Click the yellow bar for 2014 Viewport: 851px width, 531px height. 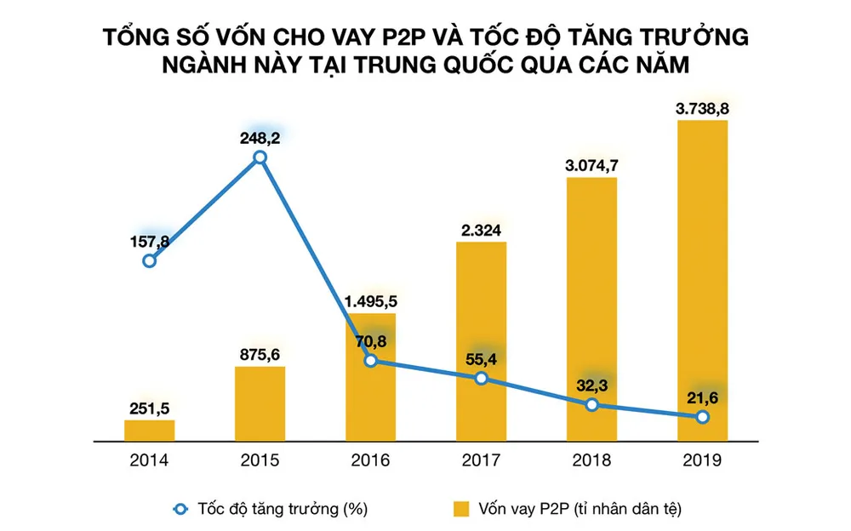pos(149,431)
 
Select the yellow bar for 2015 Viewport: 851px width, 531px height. pos(260,404)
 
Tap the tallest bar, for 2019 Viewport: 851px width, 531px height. pos(702,281)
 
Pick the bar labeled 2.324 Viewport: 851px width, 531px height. pos(481,340)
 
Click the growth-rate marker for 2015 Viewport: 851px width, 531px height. pos(260,157)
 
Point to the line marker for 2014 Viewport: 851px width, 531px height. pos(150,261)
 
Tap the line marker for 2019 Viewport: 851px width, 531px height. pos(702,417)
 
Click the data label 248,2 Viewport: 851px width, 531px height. pos(260,134)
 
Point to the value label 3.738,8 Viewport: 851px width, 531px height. pos(702,109)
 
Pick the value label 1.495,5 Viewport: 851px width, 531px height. pos(370,301)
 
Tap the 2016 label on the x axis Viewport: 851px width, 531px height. pos(370,461)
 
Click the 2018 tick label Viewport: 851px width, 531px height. pos(591,461)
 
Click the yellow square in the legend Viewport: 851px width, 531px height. pos(460,509)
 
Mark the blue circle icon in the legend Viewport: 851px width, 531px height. pos(180,509)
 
